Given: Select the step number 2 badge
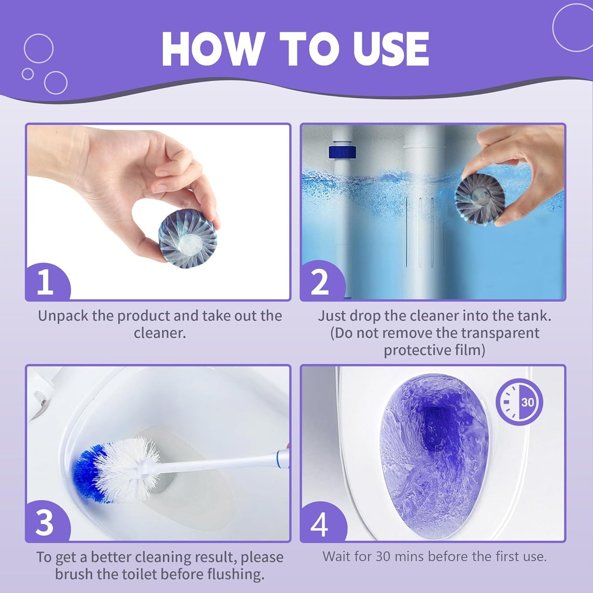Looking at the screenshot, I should pos(320,282).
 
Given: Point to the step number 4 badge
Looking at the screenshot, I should pos(320,523).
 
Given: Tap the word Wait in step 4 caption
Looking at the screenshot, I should pos(338,557).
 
